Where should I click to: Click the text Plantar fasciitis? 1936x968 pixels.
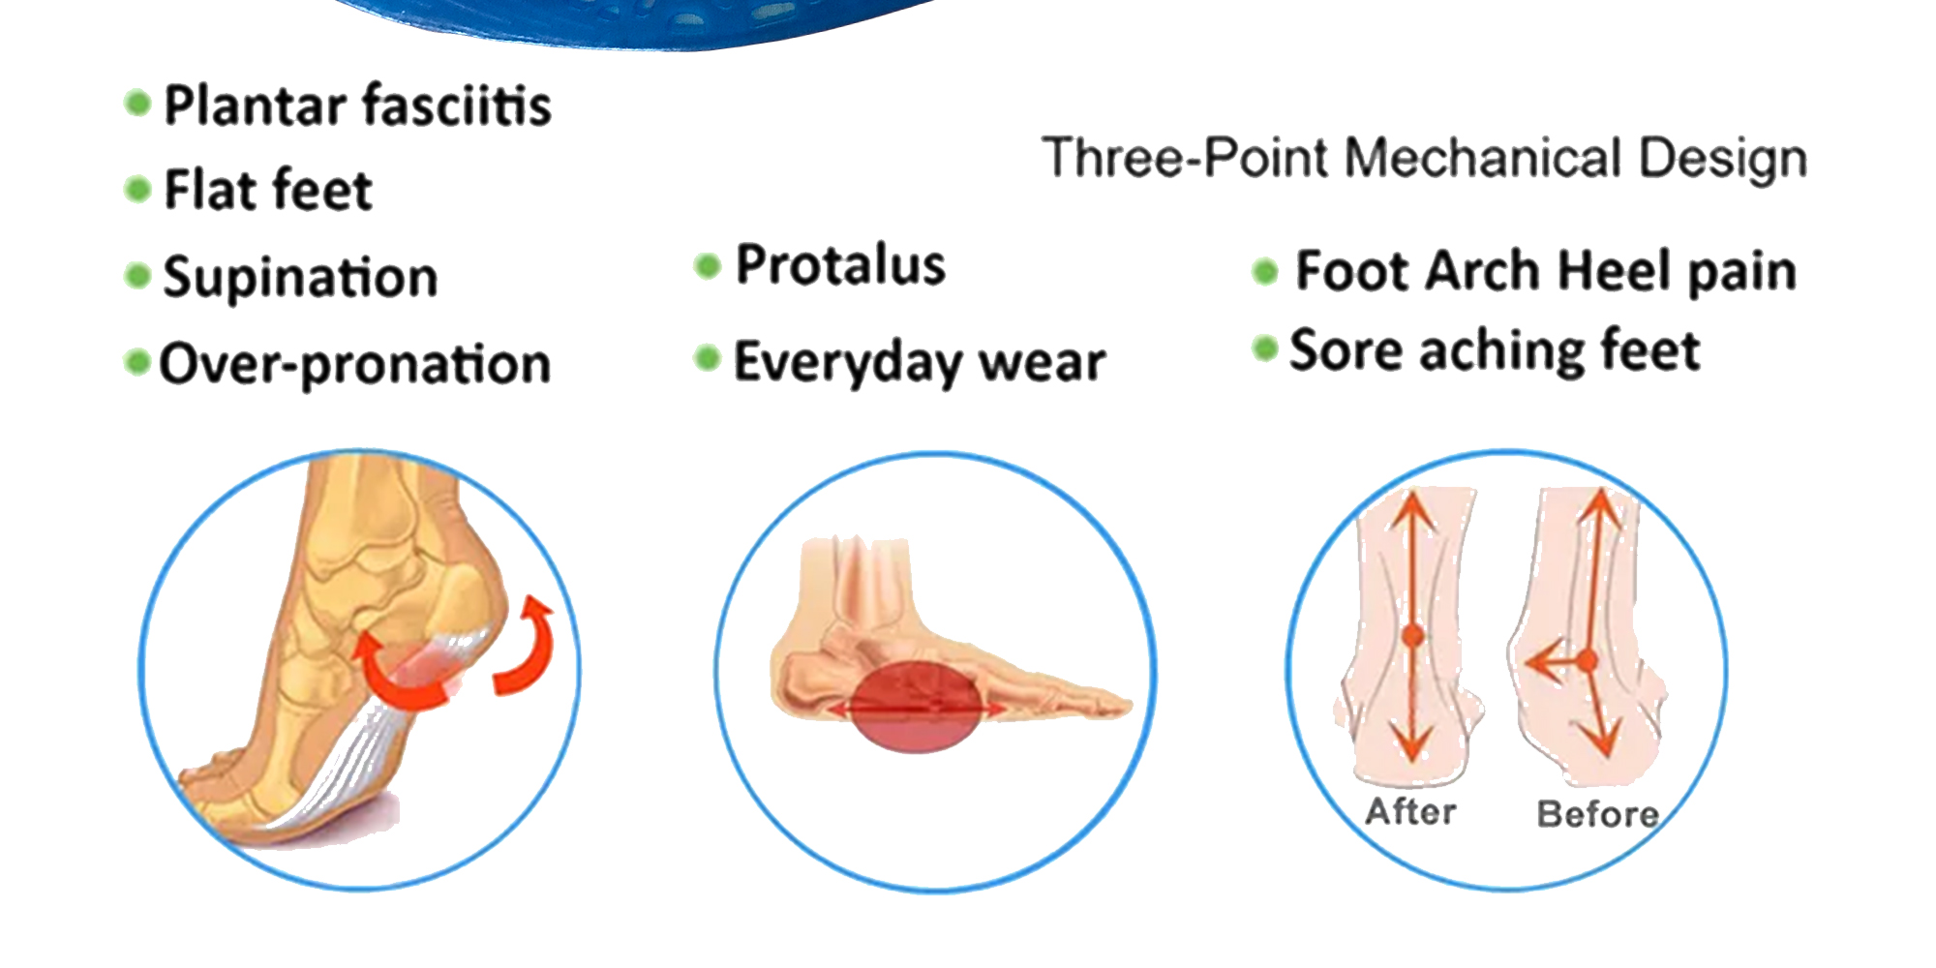(x=357, y=105)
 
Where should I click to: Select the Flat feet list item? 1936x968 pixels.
(x=268, y=189)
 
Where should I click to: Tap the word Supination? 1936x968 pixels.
(x=300, y=278)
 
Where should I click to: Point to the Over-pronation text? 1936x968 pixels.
(x=354, y=365)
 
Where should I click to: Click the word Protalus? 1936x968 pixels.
(x=840, y=264)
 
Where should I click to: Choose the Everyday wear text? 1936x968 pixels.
(x=920, y=362)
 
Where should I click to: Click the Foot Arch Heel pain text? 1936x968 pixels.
(x=1546, y=271)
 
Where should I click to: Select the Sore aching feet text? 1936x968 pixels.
(x=1495, y=350)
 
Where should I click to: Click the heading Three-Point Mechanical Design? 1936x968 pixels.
(x=1424, y=158)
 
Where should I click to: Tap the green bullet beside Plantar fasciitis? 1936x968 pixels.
(x=138, y=103)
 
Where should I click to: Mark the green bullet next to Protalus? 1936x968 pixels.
(x=709, y=265)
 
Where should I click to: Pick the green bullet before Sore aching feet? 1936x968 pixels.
(x=1264, y=348)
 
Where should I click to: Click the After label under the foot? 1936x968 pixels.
(x=1410, y=811)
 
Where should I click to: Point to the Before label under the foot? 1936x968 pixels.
(x=1598, y=813)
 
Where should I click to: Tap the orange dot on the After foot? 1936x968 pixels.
(x=1413, y=636)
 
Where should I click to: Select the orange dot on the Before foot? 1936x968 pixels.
(x=1587, y=661)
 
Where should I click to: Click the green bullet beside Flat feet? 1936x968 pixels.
(x=138, y=189)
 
